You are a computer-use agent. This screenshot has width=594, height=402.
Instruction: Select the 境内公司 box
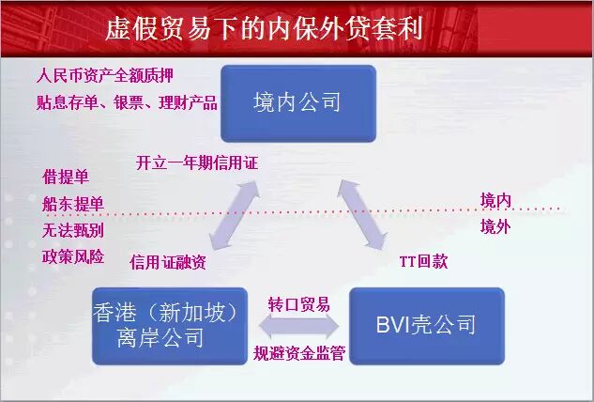pyautogui.click(x=297, y=102)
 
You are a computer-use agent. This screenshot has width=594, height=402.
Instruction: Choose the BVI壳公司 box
pyautogui.click(x=426, y=325)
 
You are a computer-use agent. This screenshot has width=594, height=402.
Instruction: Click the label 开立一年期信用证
pyautogui.click(x=196, y=163)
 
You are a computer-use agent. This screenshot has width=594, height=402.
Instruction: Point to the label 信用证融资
pyautogui.click(x=167, y=262)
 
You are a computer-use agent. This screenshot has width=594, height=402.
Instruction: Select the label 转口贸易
pyautogui.click(x=298, y=304)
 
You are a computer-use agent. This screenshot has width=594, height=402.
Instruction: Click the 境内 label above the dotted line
pyautogui.click(x=495, y=200)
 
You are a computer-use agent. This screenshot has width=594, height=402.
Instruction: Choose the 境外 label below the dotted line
pyautogui.click(x=495, y=227)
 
